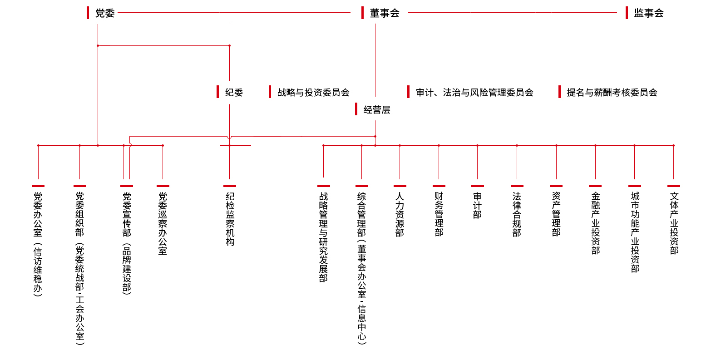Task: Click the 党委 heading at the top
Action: (105, 13)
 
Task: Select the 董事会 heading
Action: (385, 13)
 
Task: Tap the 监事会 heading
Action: (648, 13)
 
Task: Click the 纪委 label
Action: (234, 93)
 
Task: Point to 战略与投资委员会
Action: (313, 93)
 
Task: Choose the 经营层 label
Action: (376, 109)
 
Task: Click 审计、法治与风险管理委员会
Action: (474, 93)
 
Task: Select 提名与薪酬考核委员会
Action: (612, 93)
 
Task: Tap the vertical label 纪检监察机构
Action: (230, 219)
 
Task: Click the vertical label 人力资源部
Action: (400, 214)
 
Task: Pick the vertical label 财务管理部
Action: (439, 214)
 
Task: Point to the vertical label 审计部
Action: (477, 205)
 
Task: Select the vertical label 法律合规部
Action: (517, 214)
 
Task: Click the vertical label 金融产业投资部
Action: (595, 223)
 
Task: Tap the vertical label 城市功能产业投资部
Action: (635, 232)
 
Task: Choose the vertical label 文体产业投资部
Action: (674, 223)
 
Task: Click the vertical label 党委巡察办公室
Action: (163, 223)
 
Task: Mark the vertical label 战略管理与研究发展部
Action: (323, 237)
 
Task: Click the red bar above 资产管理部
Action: (556, 186)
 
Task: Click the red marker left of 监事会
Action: (627, 13)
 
